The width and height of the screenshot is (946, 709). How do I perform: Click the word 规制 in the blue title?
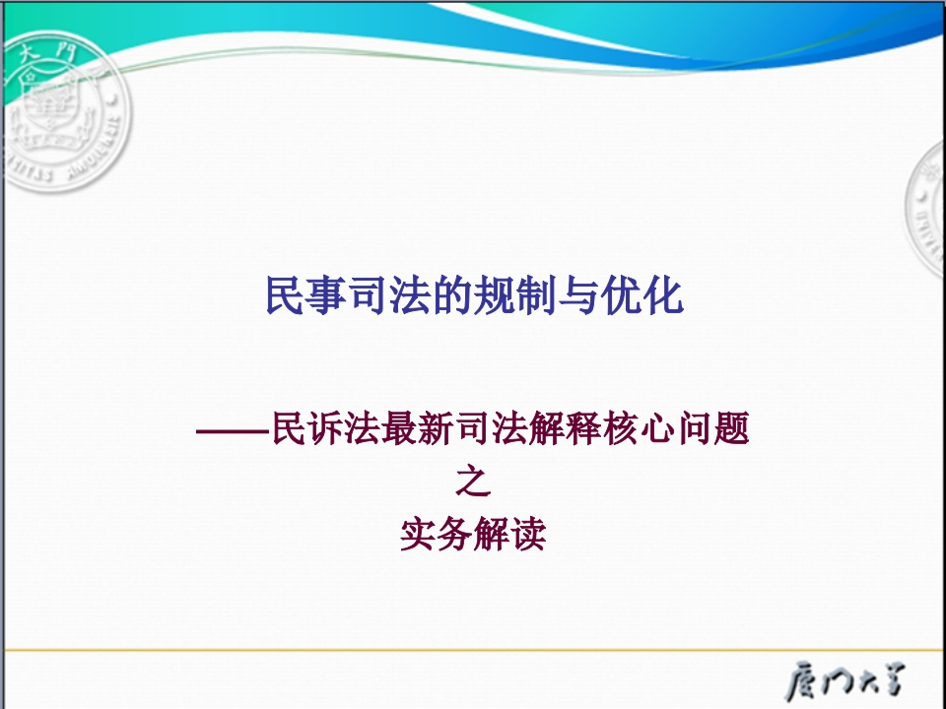pyautogui.click(x=515, y=295)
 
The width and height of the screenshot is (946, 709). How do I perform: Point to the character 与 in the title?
pyautogui.click(x=578, y=295)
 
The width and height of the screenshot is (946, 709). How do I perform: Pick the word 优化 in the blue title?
pyautogui.click(x=642, y=295)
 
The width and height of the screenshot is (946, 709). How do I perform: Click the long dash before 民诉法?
pyautogui.click(x=233, y=430)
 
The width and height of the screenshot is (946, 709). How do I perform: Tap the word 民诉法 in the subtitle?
pyautogui.click(x=326, y=428)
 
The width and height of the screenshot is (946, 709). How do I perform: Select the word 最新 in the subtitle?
pyautogui.click(x=418, y=428)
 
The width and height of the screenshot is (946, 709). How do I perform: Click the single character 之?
pyautogui.click(x=473, y=481)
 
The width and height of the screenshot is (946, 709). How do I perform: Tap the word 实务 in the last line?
pyautogui.click(x=437, y=534)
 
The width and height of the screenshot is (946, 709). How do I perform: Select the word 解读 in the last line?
pyautogui.click(x=509, y=534)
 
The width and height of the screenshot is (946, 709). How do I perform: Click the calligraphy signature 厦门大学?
pyautogui.click(x=845, y=680)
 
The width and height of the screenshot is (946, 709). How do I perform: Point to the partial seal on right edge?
pyautogui.click(x=926, y=208)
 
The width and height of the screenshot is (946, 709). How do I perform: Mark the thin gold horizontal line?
pyautogui.click(x=473, y=651)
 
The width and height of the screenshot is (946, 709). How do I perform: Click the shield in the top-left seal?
pyautogui.click(x=52, y=107)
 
